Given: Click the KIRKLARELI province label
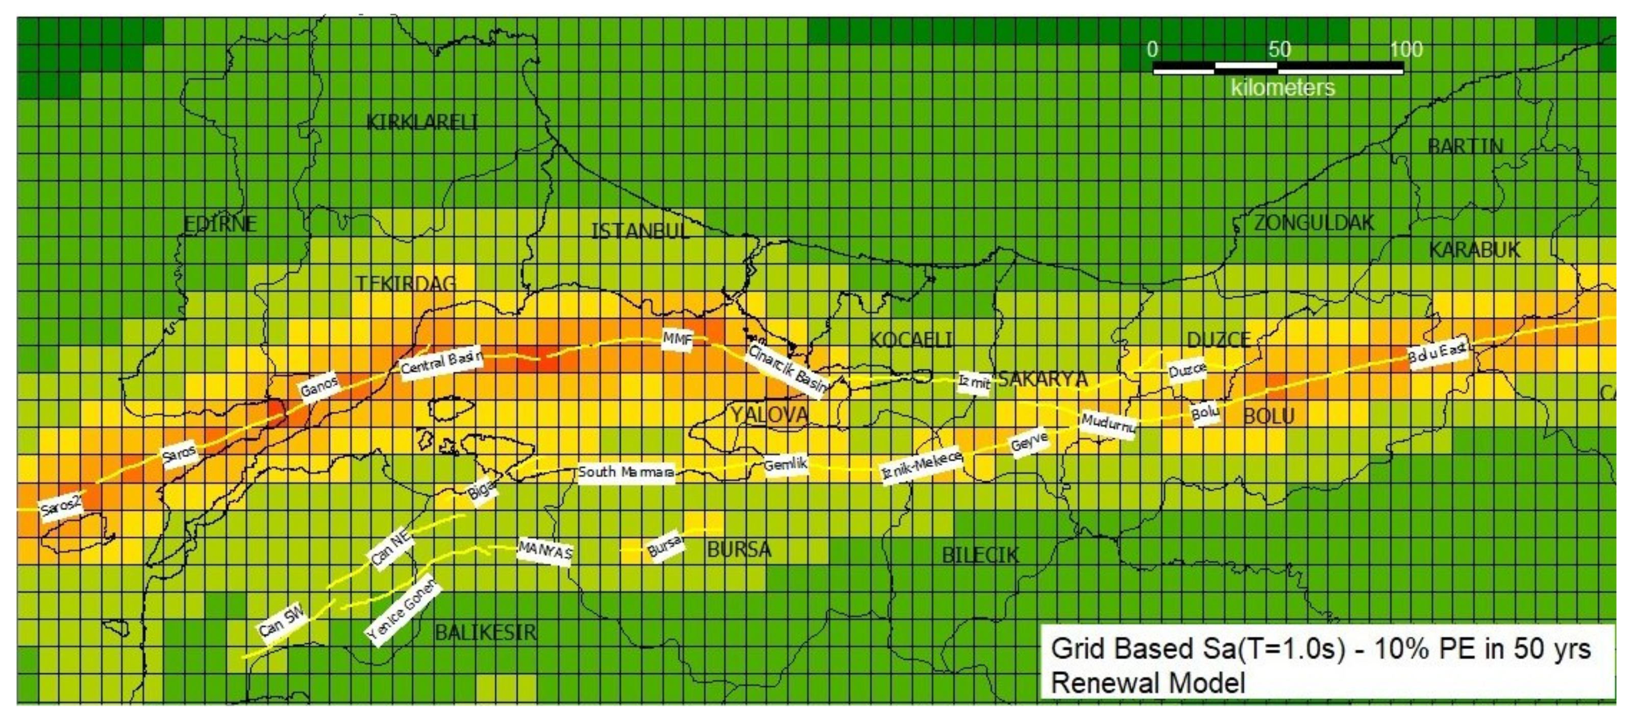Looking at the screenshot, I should [x=422, y=123].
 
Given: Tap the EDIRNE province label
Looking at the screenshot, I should [x=220, y=224].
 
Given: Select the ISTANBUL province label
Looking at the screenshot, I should [x=639, y=231].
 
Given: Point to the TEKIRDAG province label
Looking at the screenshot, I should [x=406, y=283].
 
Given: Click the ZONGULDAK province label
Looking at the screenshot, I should [x=1314, y=223].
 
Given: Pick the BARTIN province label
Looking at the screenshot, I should [x=1465, y=147].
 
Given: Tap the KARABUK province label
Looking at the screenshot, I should [x=1474, y=250].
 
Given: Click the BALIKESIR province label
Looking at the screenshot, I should [x=485, y=632].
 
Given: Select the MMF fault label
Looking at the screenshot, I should [x=677, y=340].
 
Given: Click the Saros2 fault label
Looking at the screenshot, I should [x=61, y=507].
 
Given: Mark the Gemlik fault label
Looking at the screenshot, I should [x=785, y=465].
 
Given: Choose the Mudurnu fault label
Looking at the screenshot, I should [x=1108, y=423].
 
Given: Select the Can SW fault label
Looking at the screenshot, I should [x=282, y=621].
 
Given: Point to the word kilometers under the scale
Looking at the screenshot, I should [x=1282, y=87].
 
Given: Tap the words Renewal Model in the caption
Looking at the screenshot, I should [x=1148, y=683].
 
